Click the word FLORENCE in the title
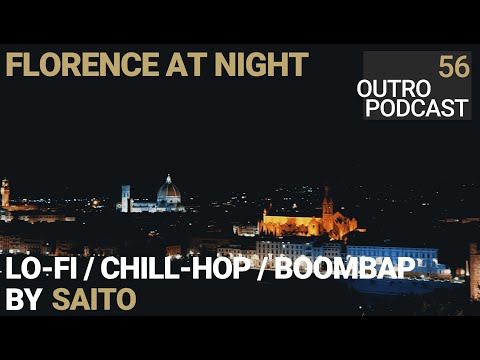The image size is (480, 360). click(82, 64)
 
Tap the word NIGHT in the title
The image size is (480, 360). click(261, 64)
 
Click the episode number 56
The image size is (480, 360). click(454, 67)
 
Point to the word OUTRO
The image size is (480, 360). click(394, 89)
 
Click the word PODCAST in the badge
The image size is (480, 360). click(417, 108)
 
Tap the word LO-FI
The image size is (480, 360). click(41, 269)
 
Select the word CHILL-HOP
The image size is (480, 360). click(176, 269)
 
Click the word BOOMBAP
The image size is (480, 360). click(345, 269)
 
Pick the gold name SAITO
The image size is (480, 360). click(94, 299)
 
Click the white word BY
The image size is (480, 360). click(23, 299)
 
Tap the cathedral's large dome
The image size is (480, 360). click(169, 191)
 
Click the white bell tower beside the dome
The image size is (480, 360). click(126, 199)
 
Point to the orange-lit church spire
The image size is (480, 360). click(327, 202)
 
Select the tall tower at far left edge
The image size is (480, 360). click(5, 193)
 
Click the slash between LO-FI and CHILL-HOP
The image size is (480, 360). click(89, 269)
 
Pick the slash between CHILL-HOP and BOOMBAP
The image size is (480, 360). click(262, 269)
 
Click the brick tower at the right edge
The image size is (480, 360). click(475, 272)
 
